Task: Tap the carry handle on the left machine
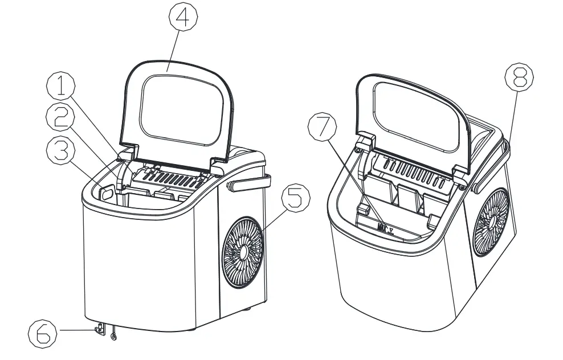pyautogui.click(x=250, y=183)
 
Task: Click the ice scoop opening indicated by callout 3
pyautogui.click(x=107, y=193)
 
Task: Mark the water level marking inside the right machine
pyautogui.click(x=385, y=228)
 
